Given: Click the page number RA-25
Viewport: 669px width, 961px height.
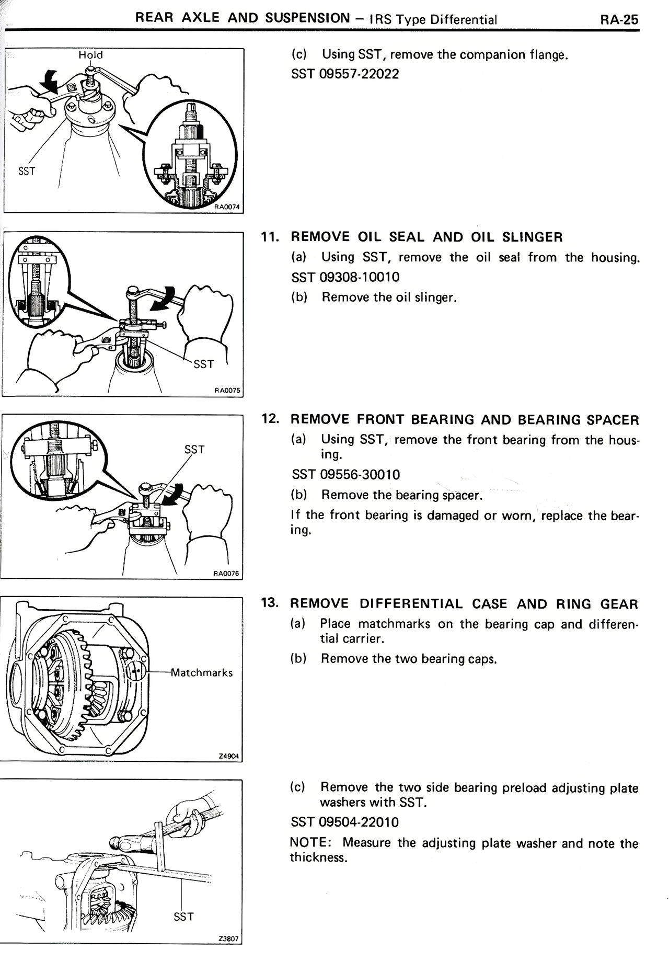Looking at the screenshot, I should (619, 19).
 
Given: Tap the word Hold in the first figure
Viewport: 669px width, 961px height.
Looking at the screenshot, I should (90, 55).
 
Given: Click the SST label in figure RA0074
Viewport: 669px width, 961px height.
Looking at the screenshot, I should (26, 171).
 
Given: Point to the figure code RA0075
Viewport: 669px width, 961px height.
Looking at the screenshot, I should (228, 390).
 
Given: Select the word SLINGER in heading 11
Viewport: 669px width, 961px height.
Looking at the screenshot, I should (533, 237).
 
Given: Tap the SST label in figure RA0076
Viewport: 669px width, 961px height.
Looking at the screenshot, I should (194, 450).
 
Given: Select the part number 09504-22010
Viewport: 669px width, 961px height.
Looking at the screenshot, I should (359, 822).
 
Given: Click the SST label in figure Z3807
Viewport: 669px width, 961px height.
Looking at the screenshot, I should (183, 917).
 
